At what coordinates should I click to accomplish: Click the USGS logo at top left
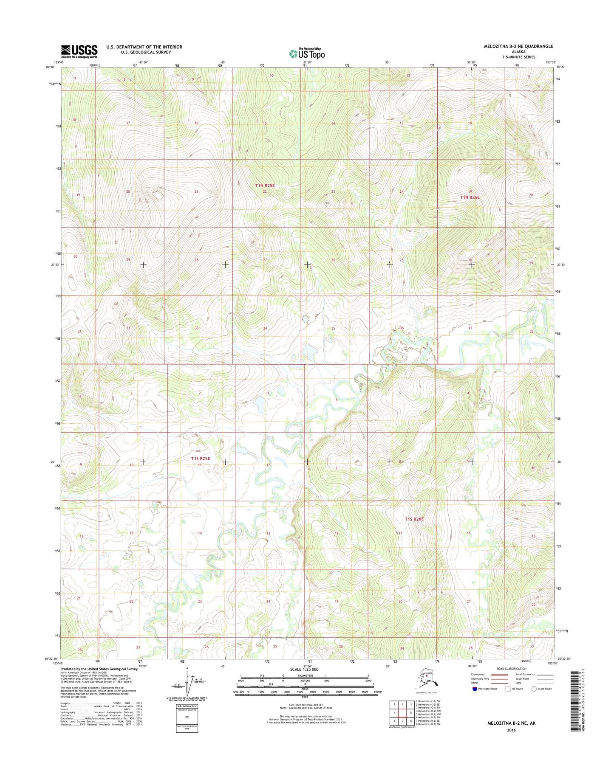tap(79, 51)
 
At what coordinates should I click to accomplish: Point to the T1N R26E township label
tap(467, 197)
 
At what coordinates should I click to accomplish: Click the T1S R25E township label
tap(200, 459)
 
